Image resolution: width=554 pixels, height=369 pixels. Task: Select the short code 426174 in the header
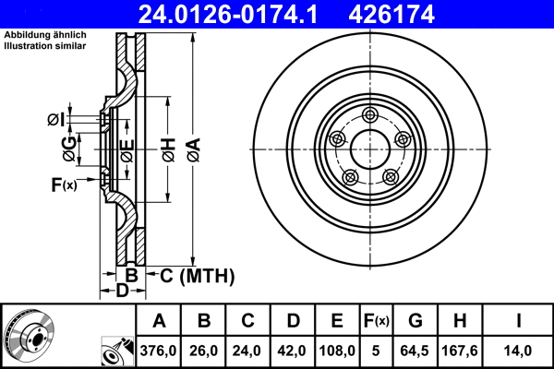(x=416, y=14)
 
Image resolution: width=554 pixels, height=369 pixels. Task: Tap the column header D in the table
(x=293, y=321)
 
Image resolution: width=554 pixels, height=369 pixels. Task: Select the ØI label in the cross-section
(x=54, y=118)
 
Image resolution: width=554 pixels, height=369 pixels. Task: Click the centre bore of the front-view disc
(x=370, y=149)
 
